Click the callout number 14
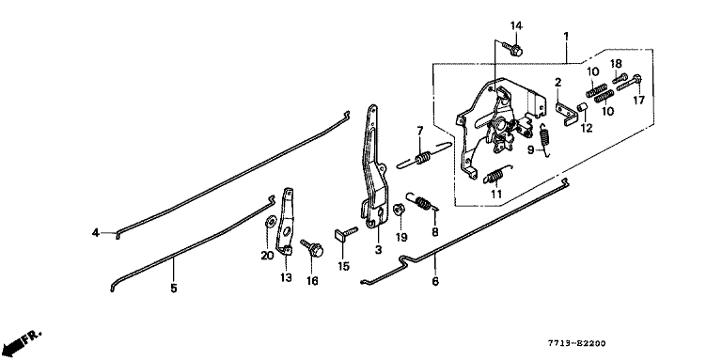tap(516, 26)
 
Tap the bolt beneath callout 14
tap(512, 48)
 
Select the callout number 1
tap(566, 36)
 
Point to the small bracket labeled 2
tap(566, 114)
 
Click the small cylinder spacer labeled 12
tap(583, 108)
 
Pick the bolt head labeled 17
tap(637, 78)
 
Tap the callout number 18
tap(616, 63)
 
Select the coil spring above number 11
tap(496, 175)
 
